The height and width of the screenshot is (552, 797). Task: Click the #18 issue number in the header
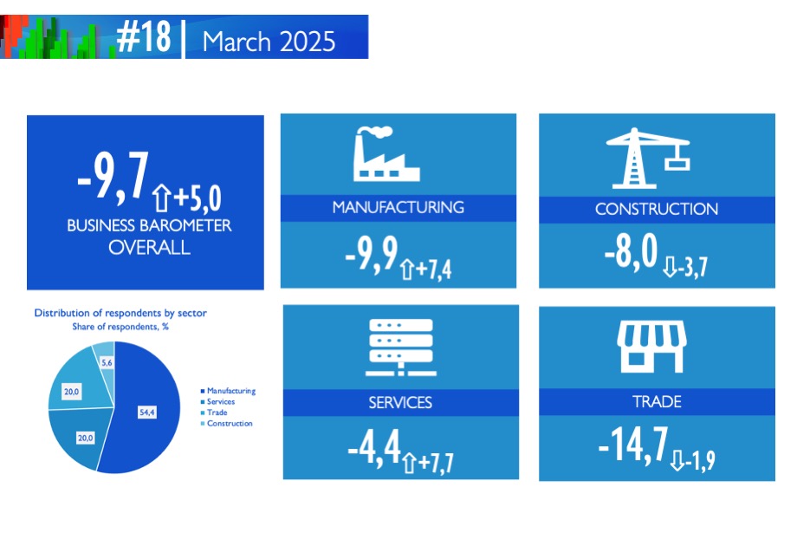[144, 36]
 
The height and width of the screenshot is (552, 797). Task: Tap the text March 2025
[269, 42]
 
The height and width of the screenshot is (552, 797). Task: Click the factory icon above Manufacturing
[386, 153]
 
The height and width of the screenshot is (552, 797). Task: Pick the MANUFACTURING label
[398, 207]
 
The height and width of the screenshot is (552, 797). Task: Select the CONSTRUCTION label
[656, 209]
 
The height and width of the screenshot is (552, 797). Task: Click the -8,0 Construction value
[631, 251]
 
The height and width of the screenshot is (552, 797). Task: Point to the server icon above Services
[400, 347]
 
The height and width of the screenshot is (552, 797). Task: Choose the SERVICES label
[400, 403]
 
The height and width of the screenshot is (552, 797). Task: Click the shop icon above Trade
[651, 346]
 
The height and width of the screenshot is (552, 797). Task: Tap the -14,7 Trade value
[633, 445]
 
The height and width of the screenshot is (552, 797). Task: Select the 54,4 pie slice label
[147, 412]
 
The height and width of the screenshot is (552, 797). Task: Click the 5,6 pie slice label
[107, 362]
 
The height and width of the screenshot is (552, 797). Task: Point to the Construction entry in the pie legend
[227, 423]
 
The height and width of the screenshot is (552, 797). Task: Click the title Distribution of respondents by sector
[120, 313]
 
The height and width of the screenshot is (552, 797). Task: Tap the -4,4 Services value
[374, 447]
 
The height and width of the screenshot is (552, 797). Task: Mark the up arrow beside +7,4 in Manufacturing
[406, 270]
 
